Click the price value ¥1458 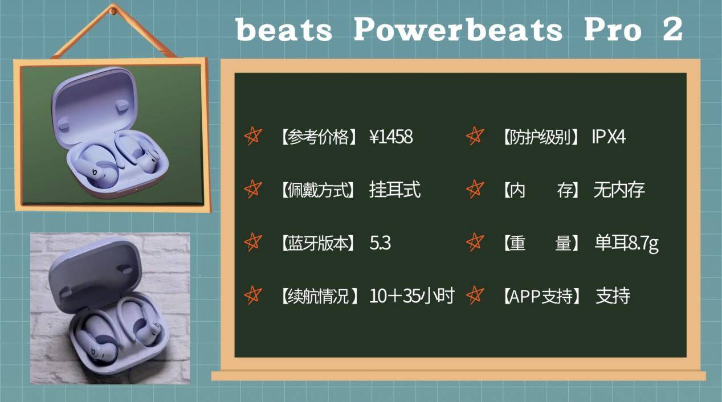[x=391, y=137]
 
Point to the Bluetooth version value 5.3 [x=380, y=243]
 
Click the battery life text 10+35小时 [x=411, y=296]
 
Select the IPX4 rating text [x=609, y=137]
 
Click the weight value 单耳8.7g [x=626, y=244]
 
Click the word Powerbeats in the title [x=458, y=30]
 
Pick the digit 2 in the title [x=672, y=30]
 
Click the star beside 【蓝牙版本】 [x=252, y=242]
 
